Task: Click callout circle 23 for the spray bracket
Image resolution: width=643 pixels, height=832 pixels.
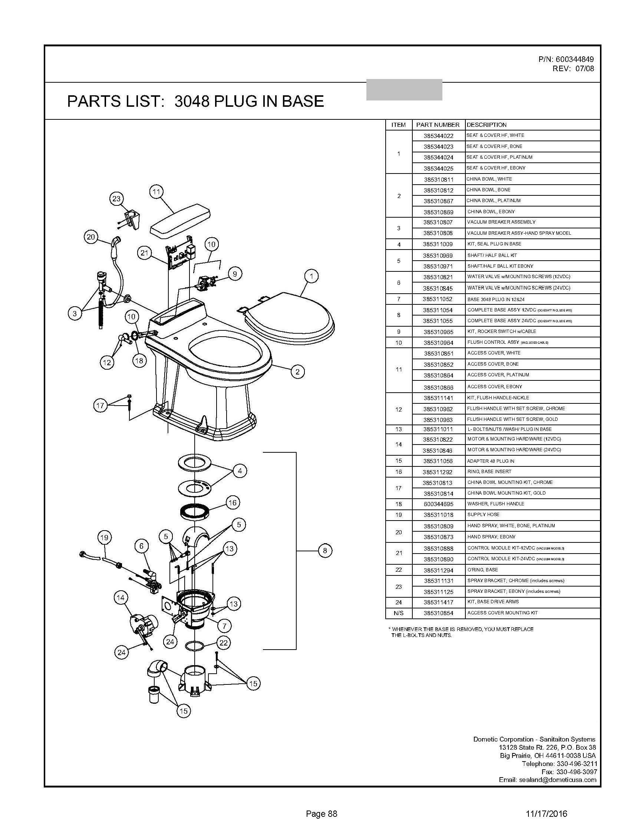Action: [x=116, y=198]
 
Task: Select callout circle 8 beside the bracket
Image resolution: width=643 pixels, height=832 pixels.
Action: [x=324, y=551]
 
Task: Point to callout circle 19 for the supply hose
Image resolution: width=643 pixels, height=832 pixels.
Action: [x=104, y=538]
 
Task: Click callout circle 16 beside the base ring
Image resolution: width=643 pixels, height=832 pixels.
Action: [x=233, y=503]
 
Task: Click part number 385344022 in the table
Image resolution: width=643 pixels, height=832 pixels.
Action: [x=438, y=136]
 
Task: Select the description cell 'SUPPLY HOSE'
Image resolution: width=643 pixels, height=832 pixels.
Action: [x=484, y=515]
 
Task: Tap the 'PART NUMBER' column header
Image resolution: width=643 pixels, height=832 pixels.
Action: [x=438, y=125]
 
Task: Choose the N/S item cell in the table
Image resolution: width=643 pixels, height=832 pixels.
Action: [x=399, y=613]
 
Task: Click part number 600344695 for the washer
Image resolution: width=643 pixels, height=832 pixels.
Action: [x=438, y=504]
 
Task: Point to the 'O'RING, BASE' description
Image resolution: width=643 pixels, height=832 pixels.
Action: [x=483, y=569]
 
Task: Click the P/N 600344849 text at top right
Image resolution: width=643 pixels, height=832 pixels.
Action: [x=565, y=59]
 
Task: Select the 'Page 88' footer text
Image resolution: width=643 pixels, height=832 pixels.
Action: [x=321, y=814]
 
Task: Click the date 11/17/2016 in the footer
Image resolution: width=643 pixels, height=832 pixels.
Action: [x=546, y=814]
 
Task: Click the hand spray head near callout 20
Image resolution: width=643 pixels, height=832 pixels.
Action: [x=116, y=242]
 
